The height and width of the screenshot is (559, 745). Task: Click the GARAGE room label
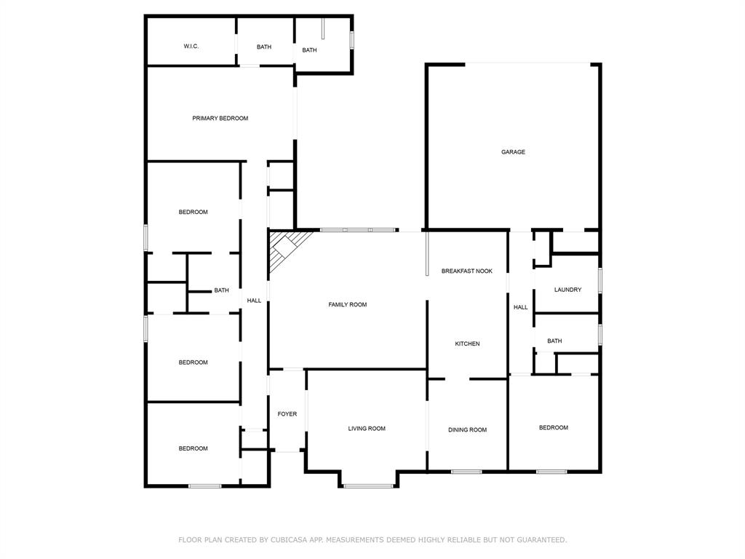pyautogui.click(x=513, y=152)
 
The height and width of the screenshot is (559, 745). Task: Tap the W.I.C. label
pyautogui.click(x=191, y=46)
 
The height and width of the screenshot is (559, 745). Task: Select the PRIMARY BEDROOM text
pyautogui.click(x=220, y=119)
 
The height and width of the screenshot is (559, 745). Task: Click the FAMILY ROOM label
pyautogui.click(x=347, y=305)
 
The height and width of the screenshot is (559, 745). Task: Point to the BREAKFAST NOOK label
pyautogui.click(x=466, y=271)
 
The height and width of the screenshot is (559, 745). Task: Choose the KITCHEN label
pyautogui.click(x=467, y=344)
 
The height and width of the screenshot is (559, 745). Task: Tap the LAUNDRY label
pyautogui.click(x=567, y=290)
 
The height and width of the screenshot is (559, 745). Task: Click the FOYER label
pyautogui.click(x=287, y=414)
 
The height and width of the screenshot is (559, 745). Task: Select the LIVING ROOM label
pyautogui.click(x=367, y=428)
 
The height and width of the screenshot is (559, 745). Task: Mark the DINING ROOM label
pyautogui.click(x=467, y=429)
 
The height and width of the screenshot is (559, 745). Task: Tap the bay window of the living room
pyautogui.click(x=368, y=485)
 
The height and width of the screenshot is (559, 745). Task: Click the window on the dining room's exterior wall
pyautogui.click(x=466, y=472)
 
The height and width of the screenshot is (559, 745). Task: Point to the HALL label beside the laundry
pyautogui.click(x=520, y=307)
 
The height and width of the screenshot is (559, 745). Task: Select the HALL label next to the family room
pyautogui.click(x=254, y=301)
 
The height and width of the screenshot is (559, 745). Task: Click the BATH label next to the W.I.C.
pyautogui.click(x=263, y=47)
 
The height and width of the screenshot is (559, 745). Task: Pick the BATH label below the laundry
pyautogui.click(x=554, y=341)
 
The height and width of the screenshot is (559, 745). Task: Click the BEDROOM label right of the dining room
pyautogui.click(x=553, y=427)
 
